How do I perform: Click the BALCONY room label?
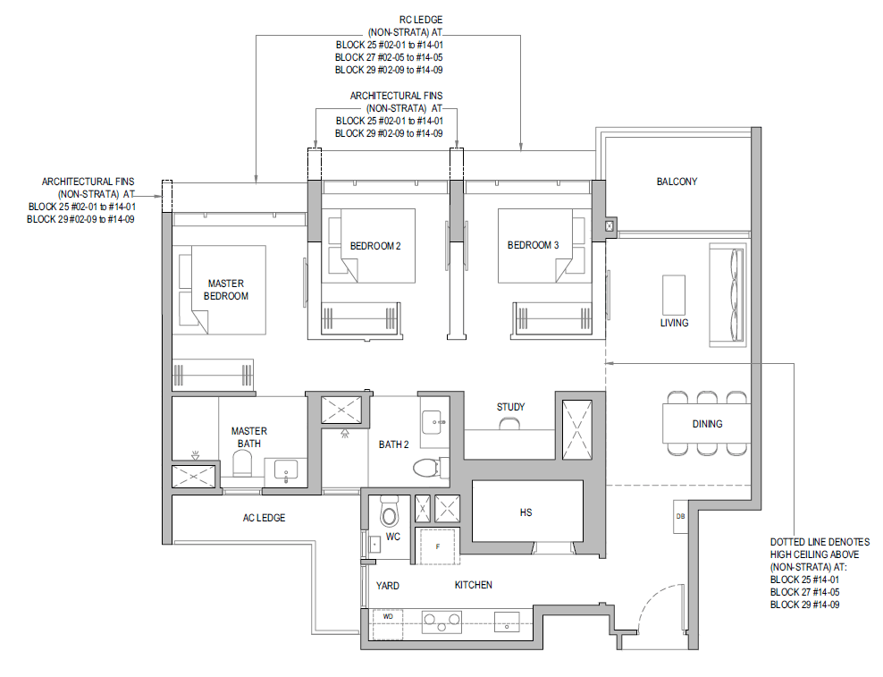coord(677,182)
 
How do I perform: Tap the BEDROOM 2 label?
coord(375,246)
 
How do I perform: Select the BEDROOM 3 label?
coord(533,245)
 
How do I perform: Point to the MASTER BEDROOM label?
coord(226,290)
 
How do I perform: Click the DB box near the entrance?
coord(680,516)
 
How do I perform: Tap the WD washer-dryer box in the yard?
coord(388,624)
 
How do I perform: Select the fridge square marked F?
coord(438,546)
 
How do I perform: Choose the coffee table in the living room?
coord(674,295)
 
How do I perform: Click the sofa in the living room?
coord(727,295)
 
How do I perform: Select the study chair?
coord(509,423)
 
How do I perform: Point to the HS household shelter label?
coord(526,512)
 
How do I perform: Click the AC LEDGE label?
coord(265,518)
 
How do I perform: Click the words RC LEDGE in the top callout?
coord(421,20)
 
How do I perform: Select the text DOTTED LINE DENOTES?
coord(820,542)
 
